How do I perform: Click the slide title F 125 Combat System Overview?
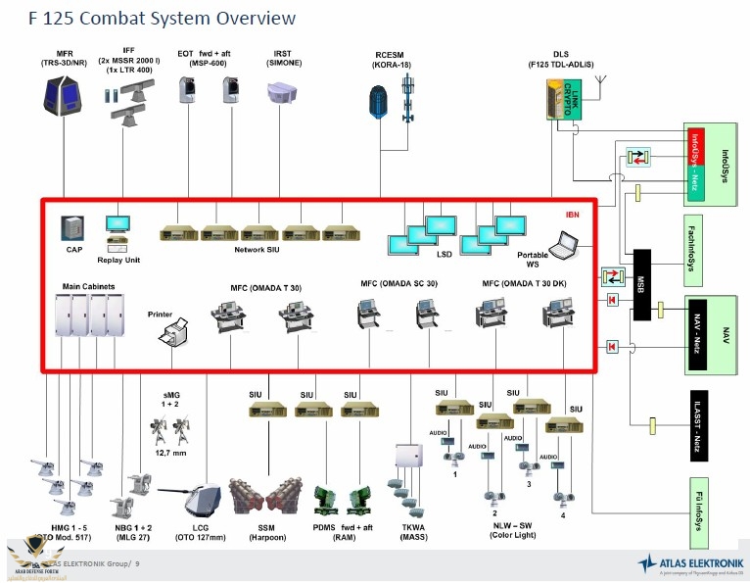coord(150,18)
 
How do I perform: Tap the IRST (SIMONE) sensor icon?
coord(283,94)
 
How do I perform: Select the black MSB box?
coord(643,284)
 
